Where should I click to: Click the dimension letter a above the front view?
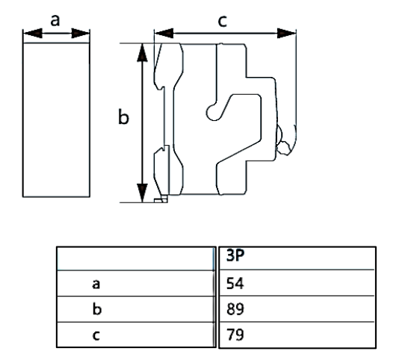coord(55,20)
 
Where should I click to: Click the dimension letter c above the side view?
coord(223,21)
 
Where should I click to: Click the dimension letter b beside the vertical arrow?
coord(123,117)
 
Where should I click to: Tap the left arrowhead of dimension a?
coord(33,34)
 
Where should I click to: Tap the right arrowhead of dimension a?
coord(81,34)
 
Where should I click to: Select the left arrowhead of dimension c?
coord(164,34)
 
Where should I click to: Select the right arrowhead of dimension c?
coord(286,34)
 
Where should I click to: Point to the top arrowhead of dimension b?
coord(142,52)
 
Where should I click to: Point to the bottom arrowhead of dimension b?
coord(142,193)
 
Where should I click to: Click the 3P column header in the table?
coord(235,255)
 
